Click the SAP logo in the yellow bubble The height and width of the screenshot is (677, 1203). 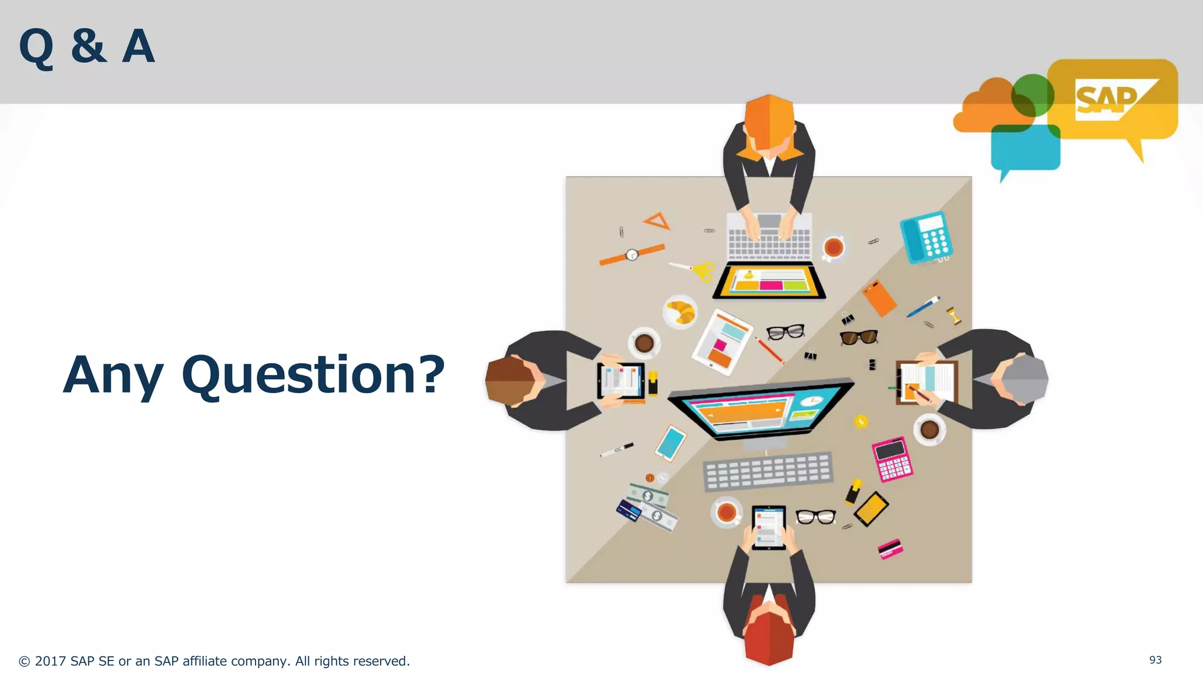[1107, 100]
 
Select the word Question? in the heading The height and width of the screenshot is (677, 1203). [313, 375]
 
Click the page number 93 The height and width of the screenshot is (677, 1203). [1155, 660]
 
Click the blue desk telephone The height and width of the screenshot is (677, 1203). [926, 237]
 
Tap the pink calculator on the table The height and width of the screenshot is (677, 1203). [892, 458]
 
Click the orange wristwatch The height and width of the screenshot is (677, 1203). [631, 254]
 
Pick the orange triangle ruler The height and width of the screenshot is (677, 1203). [657, 222]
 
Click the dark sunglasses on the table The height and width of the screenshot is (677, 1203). [859, 337]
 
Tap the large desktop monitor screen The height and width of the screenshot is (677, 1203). [761, 408]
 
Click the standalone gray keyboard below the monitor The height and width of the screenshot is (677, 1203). [768, 471]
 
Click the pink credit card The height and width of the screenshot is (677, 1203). [890, 549]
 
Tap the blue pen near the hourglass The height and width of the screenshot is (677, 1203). [923, 307]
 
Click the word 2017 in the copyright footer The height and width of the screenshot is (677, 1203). [51, 661]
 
